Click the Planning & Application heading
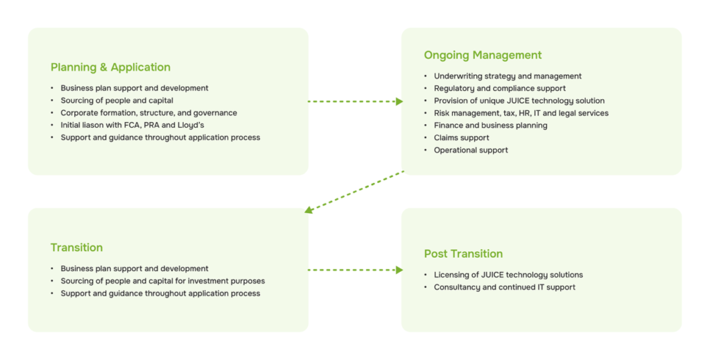[110, 67]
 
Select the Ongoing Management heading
[483, 55]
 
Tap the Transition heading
[76, 248]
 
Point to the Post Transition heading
[463, 254]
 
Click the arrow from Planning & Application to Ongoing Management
[355, 101]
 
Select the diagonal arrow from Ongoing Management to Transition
[354, 191]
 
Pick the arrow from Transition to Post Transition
[355, 270]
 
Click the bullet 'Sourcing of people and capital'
[116, 101]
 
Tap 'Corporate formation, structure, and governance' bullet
[148, 113]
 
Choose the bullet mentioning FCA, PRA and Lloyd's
[132, 126]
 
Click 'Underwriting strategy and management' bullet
[508, 76]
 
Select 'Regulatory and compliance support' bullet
[499, 88]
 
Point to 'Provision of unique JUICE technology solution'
[519, 101]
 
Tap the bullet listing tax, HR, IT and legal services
[521, 113]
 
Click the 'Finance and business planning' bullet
[490, 126]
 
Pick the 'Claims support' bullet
[461, 138]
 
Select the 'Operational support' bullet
[471, 151]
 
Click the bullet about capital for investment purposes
[162, 281]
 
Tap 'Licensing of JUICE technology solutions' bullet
[508, 275]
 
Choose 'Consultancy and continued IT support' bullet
[504, 287]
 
